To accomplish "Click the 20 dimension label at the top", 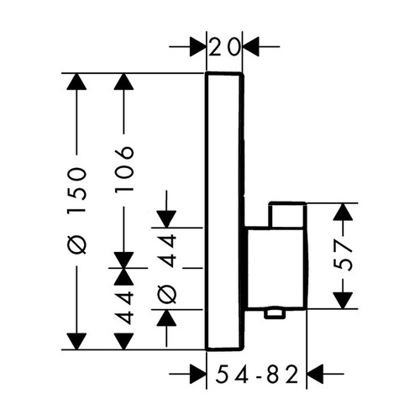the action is [224, 46].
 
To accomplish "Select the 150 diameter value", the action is [76, 190].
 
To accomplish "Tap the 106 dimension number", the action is [124, 169].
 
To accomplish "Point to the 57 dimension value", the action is [343, 256].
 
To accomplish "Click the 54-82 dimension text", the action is [256, 374].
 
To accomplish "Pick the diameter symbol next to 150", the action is [76, 244].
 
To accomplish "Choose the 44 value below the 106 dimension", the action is [123, 308].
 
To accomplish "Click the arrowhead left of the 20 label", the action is [198, 46].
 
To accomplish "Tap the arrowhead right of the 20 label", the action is [250, 46].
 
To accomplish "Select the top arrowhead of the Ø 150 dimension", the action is [76, 81].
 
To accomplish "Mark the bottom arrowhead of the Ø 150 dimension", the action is [76, 342].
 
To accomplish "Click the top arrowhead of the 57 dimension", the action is [343, 212].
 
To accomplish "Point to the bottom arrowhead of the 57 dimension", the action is [343, 301].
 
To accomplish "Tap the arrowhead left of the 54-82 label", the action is [198, 374].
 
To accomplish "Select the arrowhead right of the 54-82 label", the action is [315, 374].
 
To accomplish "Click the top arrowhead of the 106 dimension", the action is [123, 81].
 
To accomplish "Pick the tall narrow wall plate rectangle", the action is [224, 212].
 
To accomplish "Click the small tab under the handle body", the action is [275, 313].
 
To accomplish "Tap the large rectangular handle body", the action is [276, 268].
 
